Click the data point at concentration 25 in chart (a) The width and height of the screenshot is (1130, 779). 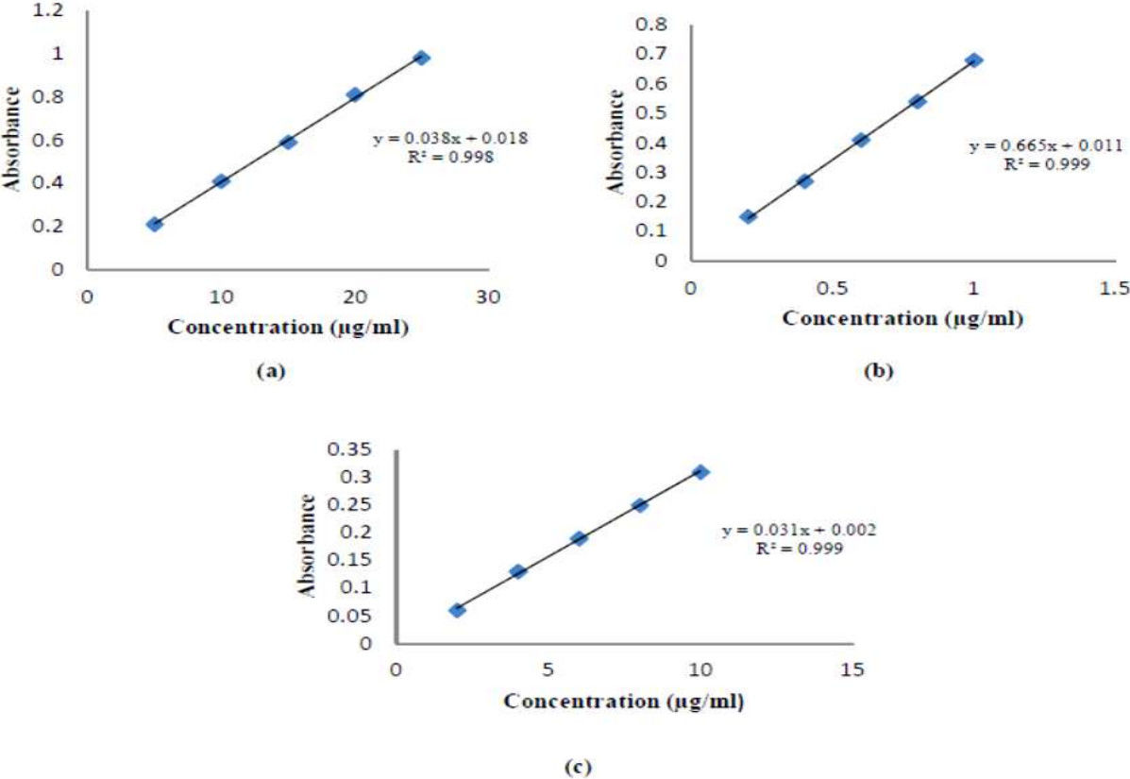point(422,58)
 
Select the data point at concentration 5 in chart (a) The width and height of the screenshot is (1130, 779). point(155,224)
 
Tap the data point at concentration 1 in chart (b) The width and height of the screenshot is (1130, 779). point(974,59)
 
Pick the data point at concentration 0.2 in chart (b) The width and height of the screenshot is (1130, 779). point(748,216)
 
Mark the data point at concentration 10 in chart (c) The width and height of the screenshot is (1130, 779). point(700,471)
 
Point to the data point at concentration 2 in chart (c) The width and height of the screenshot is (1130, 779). point(457,610)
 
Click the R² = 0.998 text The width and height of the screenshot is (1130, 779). point(450,158)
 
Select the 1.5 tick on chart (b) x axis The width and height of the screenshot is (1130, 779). point(1114,288)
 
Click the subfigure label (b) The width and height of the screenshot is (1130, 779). point(878,371)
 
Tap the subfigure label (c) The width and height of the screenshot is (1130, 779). point(578,767)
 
